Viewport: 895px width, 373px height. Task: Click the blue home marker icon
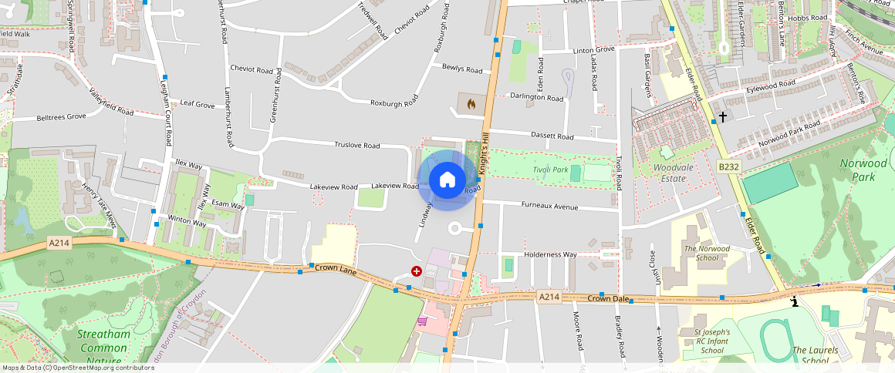[x=447, y=180]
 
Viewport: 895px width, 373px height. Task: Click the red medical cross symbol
[x=417, y=271]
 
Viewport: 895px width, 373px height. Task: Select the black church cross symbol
[x=723, y=117]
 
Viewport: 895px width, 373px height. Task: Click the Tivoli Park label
[x=550, y=170]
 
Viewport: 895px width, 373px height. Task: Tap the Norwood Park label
[x=863, y=170]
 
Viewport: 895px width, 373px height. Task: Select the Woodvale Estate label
[x=669, y=173]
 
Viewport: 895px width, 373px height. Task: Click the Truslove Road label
[x=356, y=145]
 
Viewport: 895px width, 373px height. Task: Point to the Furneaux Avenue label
[x=549, y=207]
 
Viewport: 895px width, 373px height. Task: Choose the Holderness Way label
[x=550, y=254]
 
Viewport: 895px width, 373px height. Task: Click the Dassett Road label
[x=552, y=136]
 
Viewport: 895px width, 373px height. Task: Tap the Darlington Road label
[x=537, y=97]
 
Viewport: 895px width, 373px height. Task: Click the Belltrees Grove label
[x=61, y=117]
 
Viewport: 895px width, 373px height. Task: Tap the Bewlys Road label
[x=462, y=69]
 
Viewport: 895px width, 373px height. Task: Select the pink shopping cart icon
[x=422, y=321]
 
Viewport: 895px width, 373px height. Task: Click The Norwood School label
[x=701, y=253]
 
